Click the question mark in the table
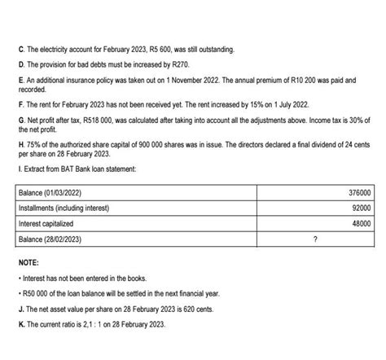314,239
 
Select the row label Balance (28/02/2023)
50,239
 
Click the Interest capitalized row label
46,223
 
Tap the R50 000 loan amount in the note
38,292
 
